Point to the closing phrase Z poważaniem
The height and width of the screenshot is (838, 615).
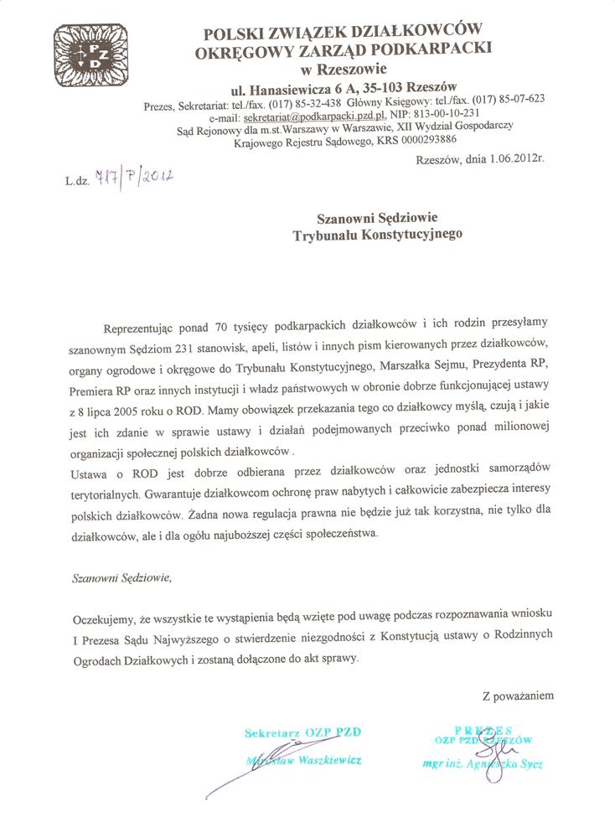(517, 696)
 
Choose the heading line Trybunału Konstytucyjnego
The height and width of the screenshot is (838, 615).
(377, 237)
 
